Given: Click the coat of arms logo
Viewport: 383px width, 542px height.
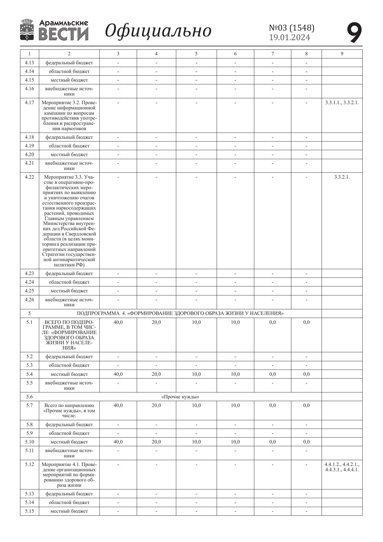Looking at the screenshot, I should point(27,30).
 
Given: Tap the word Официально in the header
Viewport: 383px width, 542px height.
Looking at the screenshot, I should point(158,31).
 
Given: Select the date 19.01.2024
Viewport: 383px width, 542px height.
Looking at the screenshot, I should point(289,38).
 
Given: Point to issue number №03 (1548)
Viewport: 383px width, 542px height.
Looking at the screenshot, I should point(292,28).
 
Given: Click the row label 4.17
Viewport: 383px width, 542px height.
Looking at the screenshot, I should point(29,103).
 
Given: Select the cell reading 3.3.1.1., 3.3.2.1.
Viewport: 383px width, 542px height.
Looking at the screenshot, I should point(342,103).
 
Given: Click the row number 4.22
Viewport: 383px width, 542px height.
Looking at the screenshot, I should point(29,177).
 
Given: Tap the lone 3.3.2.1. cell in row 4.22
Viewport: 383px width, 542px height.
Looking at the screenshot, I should point(342,177).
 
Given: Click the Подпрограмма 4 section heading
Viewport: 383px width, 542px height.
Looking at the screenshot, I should point(180,313).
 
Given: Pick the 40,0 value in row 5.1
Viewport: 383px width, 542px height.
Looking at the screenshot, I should point(118,322).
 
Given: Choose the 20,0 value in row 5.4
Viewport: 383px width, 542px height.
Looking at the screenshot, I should point(156,374).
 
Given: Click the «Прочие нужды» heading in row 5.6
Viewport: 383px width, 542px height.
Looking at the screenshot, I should point(180,397).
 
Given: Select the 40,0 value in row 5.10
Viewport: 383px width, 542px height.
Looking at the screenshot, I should point(118,442).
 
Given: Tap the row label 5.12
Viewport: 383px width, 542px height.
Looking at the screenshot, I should point(29,464).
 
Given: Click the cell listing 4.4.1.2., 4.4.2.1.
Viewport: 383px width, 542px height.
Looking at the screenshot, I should point(342,467).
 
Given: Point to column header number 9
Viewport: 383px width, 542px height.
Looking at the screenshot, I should point(342,54).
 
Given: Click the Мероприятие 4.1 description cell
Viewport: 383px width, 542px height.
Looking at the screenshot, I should point(69,475).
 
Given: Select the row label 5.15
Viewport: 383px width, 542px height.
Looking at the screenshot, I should point(29,511).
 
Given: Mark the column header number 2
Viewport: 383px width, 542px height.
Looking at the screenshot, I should point(69,54).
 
